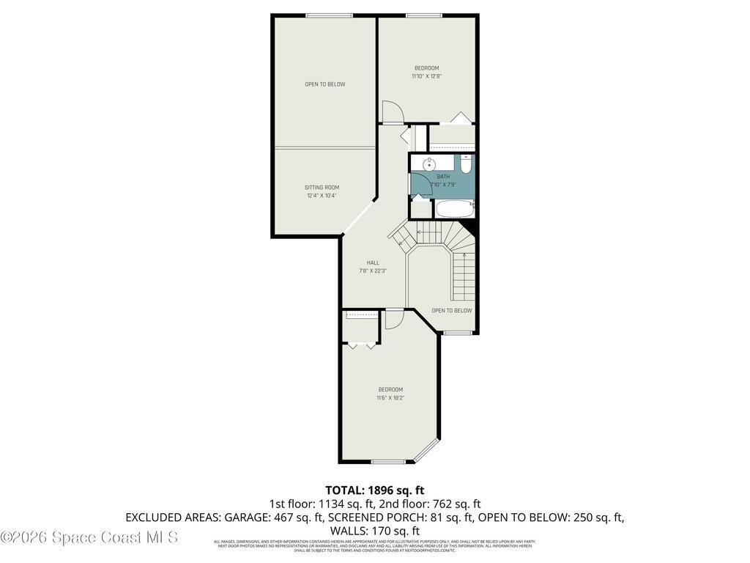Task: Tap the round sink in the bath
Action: [x=429, y=164]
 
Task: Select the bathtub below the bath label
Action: [x=454, y=210]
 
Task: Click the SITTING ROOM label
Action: [x=322, y=188]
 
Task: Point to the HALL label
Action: [x=373, y=262]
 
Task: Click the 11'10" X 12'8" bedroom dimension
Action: [x=426, y=76]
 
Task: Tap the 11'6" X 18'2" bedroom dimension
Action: [x=390, y=398]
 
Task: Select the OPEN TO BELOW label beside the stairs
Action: [x=451, y=310]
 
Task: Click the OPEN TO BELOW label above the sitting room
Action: [x=324, y=84]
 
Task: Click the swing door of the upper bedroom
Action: [x=392, y=112]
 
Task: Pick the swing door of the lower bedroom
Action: [x=394, y=320]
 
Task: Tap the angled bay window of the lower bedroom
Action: [x=426, y=451]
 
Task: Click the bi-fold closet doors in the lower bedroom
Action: [x=361, y=345]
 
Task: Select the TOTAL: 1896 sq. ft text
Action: [x=375, y=490]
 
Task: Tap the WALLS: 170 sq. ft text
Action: [x=375, y=531]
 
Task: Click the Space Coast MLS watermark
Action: [x=89, y=537]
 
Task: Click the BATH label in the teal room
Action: [x=443, y=177]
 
